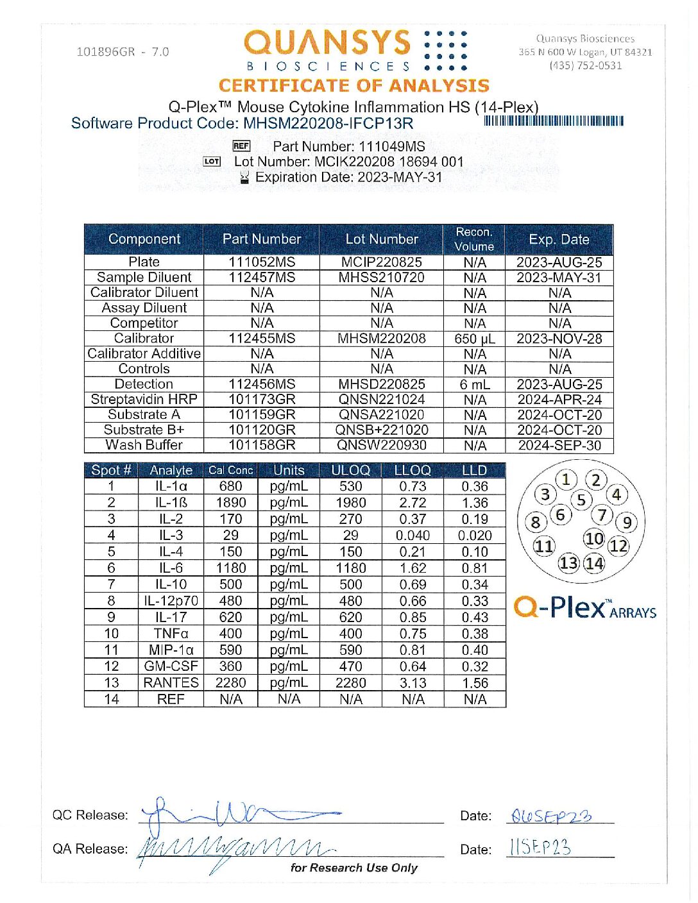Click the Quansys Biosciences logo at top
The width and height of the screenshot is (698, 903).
(355, 50)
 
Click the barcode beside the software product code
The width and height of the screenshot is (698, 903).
(554, 121)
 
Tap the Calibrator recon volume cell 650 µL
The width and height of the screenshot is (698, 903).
(475, 339)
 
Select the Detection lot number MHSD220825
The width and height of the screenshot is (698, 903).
(381, 384)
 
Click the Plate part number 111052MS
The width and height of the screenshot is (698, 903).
(262, 262)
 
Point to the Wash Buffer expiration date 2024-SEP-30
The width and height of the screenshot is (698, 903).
(559, 445)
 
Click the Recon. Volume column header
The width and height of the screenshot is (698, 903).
(474, 239)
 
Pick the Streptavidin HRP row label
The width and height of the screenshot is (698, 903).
(144, 399)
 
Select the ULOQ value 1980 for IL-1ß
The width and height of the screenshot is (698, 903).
(350, 503)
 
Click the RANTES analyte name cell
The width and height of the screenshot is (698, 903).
(171, 683)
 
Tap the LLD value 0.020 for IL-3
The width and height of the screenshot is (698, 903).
(475, 536)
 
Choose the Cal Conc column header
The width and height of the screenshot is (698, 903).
(230, 470)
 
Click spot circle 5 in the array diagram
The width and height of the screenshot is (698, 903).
(581, 500)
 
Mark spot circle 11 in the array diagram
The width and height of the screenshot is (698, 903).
(544, 546)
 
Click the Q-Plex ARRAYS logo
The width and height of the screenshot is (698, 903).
(584, 607)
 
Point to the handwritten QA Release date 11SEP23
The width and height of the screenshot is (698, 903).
(540, 847)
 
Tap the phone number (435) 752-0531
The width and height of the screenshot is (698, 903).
(585, 65)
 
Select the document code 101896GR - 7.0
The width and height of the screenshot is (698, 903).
(123, 52)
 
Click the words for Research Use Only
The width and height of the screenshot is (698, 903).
(353, 868)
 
